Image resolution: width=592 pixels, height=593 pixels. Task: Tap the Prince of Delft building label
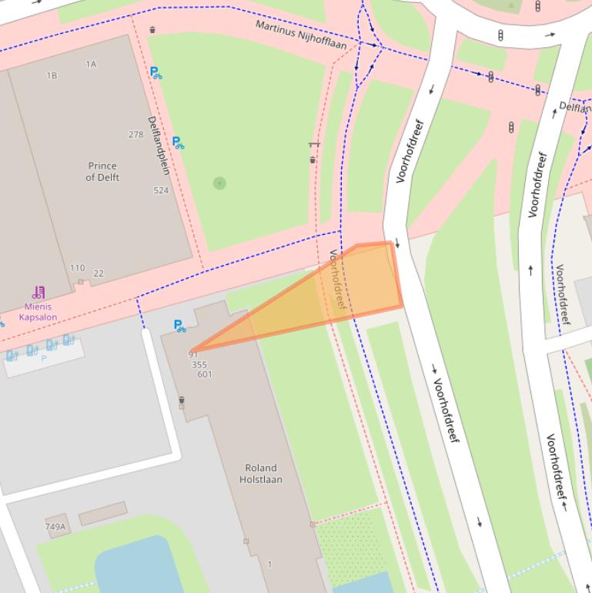pyautogui.click(x=102, y=172)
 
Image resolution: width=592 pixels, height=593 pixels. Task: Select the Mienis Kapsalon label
pyautogui.click(x=38, y=311)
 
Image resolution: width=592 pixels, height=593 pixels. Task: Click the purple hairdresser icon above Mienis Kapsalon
pyautogui.click(x=38, y=293)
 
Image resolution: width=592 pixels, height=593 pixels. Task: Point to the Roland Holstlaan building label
pyautogui.click(x=260, y=474)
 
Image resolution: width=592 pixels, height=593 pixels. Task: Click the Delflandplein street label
pyautogui.click(x=159, y=145)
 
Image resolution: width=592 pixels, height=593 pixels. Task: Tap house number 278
pyautogui.click(x=135, y=135)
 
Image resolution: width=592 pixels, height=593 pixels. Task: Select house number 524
pyautogui.click(x=161, y=190)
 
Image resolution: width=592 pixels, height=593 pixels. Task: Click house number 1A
pyautogui.click(x=92, y=65)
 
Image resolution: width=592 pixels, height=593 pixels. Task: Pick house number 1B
pyautogui.click(x=52, y=75)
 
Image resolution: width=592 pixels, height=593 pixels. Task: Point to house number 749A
pyautogui.click(x=55, y=527)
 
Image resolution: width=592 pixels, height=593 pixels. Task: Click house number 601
pyautogui.click(x=204, y=375)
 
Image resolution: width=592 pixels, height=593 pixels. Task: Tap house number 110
pyautogui.click(x=77, y=268)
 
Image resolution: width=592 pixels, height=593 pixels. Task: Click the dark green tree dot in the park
pyautogui.click(x=219, y=183)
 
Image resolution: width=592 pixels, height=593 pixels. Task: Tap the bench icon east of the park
pyautogui.click(x=313, y=144)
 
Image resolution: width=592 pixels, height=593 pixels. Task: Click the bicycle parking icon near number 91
pyautogui.click(x=179, y=327)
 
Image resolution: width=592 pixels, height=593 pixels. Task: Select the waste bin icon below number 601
pyautogui.click(x=182, y=401)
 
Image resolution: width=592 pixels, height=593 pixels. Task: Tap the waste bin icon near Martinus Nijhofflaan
pyautogui.click(x=152, y=30)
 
